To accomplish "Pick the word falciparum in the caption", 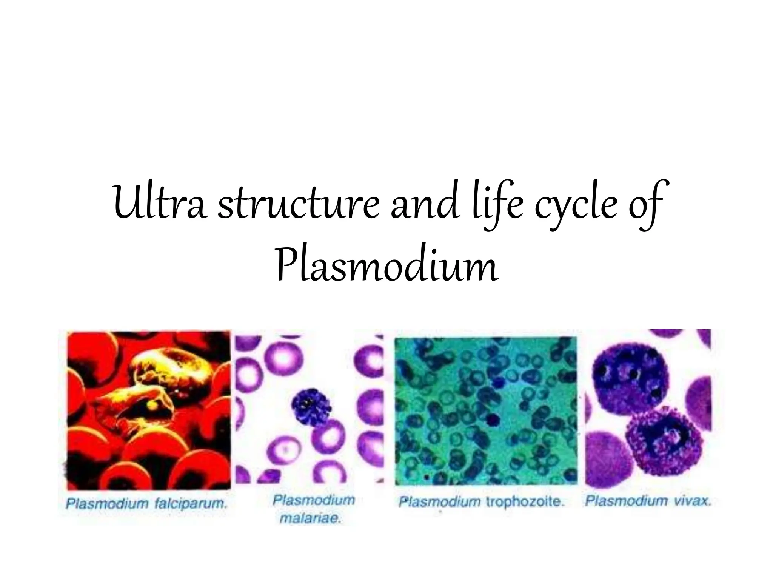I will click(x=190, y=503).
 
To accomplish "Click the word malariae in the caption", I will click(x=310, y=518).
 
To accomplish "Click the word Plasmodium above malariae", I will click(x=314, y=500).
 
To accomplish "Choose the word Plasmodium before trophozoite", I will click(x=440, y=502).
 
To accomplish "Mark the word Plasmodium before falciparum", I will click(x=107, y=503).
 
